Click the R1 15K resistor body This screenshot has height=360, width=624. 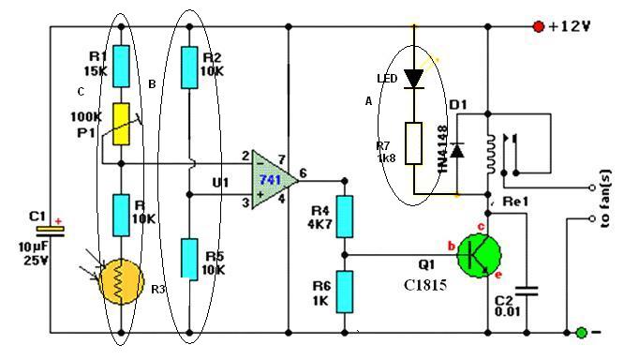[x=122, y=67]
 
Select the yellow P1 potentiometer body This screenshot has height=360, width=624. [x=122, y=124]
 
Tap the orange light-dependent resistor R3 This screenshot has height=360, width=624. [x=121, y=282]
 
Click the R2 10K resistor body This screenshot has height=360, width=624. [x=189, y=67]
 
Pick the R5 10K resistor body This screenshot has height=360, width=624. [x=189, y=260]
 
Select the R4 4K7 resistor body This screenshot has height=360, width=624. [x=345, y=217]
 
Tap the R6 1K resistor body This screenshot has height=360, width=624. [x=345, y=292]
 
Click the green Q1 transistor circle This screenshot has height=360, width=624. [x=479, y=256]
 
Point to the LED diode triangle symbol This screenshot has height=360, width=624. [x=414, y=79]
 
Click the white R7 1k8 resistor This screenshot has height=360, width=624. [x=414, y=143]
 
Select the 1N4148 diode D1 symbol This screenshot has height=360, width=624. [x=457, y=151]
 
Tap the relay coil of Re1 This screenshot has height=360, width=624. [x=491, y=154]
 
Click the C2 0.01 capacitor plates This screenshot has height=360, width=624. [x=527, y=292]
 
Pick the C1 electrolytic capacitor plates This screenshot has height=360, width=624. [x=51, y=232]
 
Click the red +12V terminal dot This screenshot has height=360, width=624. [x=539, y=27]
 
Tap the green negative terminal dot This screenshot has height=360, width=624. [x=582, y=333]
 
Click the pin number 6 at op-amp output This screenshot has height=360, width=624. [x=304, y=173]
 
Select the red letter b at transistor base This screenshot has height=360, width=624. [x=451, y=247]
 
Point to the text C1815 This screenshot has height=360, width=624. [x=425, y=285]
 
